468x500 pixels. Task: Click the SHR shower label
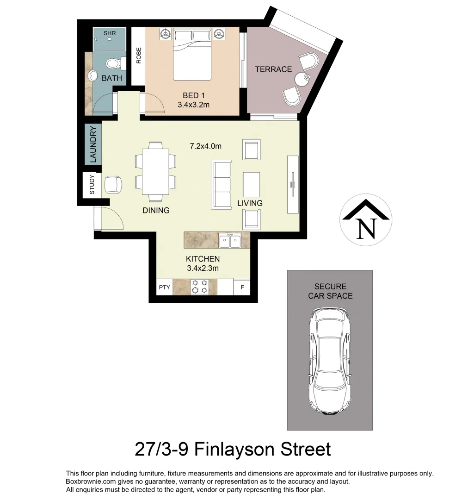tap(110, 33)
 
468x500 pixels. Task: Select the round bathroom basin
tap(92, 76)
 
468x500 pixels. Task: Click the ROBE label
tap(138, 56)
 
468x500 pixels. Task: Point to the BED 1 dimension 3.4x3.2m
tap(193, 105)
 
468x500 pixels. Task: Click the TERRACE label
tap(273, 69)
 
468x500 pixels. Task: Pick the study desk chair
tap(113, 185)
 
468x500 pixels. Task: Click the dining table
tap(155, 168)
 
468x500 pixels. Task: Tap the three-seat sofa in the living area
tap(222, 184)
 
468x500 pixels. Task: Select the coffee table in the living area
tap(252, 184)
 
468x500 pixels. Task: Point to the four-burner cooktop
tap(200, 287)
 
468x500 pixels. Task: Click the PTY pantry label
tap(164, 287)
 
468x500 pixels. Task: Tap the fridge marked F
tap(242, 287)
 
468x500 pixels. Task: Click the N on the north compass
tap(366, 227)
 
